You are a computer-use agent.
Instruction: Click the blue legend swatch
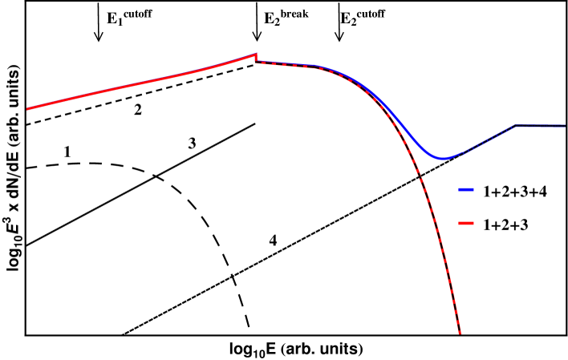466,190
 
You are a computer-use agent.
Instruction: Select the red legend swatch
466,223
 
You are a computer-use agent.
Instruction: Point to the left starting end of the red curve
27,108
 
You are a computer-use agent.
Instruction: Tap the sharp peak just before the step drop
256,55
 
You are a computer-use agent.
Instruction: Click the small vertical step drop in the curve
256,59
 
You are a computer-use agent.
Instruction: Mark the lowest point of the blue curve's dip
441,158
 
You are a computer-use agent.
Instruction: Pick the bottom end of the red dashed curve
460,333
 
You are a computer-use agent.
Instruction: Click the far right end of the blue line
565,126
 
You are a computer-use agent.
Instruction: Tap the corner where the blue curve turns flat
514,126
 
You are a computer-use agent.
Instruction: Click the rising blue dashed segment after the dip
481,144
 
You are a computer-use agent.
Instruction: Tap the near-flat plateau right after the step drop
285,65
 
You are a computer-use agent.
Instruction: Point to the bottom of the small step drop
256,63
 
